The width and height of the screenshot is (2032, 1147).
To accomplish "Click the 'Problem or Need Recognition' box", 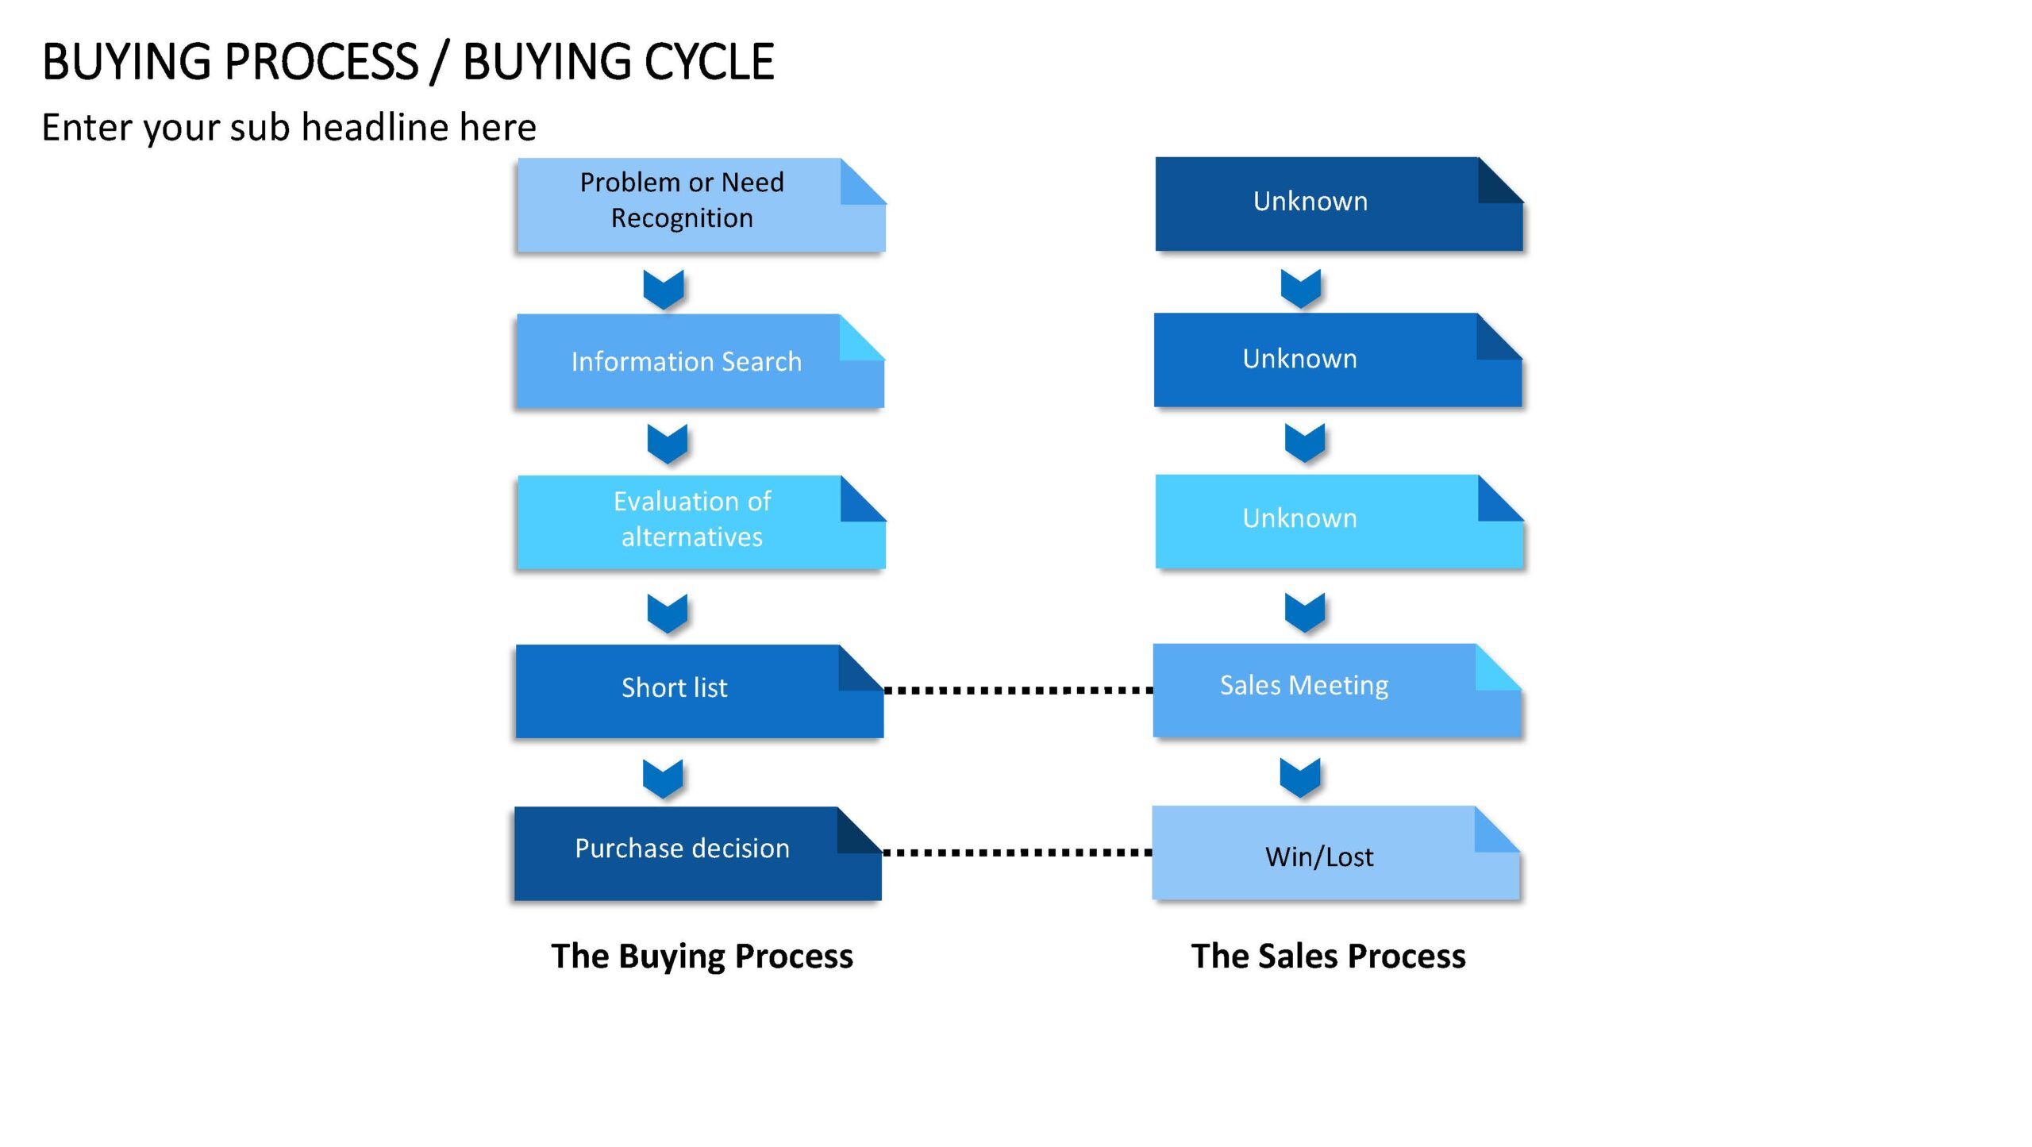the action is [x=702, y=205].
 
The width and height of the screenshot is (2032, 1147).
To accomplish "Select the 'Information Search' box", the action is [x=700, y=361].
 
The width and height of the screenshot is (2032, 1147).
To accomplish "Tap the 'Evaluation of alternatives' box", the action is [x=702, y=522].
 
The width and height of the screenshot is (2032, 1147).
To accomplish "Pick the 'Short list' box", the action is [x=699, y=691].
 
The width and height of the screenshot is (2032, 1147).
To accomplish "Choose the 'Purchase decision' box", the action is [x=698, y=853].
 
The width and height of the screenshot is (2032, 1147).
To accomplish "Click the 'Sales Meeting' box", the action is [x=1337, y=690].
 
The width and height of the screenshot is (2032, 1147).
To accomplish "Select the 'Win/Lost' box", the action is [x=1336, y=853].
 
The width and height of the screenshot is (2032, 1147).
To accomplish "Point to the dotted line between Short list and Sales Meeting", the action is [x=1018, y=691].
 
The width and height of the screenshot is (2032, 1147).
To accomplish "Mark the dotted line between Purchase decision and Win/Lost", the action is [x=1017, y=853].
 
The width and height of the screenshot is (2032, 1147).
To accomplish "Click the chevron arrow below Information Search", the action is [x=667, y=444].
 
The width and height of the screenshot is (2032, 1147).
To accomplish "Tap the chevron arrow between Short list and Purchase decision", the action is [x=663, y=779].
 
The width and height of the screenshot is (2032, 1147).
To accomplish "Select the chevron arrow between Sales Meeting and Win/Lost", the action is [x=1300, y=777].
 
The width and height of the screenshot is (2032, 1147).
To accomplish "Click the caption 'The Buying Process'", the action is [x=702, y=956].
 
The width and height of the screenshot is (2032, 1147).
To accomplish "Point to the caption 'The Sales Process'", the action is [x=1328, y=956].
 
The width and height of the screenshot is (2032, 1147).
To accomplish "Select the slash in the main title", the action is [x=439, y=63].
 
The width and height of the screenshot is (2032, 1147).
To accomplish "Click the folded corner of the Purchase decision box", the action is [x=860, y=830].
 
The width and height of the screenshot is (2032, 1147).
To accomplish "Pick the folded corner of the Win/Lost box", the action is [x=1498, y=829].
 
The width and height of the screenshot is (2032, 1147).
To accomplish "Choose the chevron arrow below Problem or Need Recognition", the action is [x=664, y=290].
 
